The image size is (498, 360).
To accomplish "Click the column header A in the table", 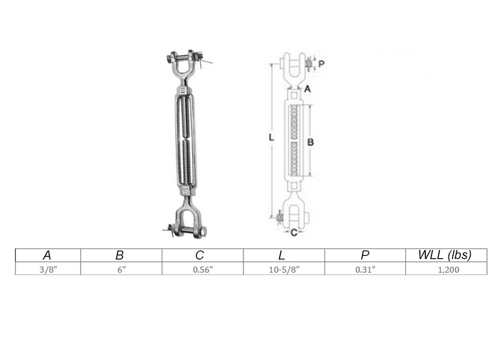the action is [47, 255].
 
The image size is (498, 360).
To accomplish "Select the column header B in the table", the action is [120, 255].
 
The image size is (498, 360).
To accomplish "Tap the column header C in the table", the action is [200, 255].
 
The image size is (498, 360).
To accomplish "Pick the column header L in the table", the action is [282, 255].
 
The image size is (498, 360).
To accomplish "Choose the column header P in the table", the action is [365, 255].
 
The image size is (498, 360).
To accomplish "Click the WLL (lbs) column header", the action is [445, 255].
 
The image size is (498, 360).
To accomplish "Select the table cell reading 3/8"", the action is [48, 270].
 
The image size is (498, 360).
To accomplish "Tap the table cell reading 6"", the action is [121, 270].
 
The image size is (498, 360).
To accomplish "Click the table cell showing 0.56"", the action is [203, 270].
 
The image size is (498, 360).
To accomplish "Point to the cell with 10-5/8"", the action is [284, 270].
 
